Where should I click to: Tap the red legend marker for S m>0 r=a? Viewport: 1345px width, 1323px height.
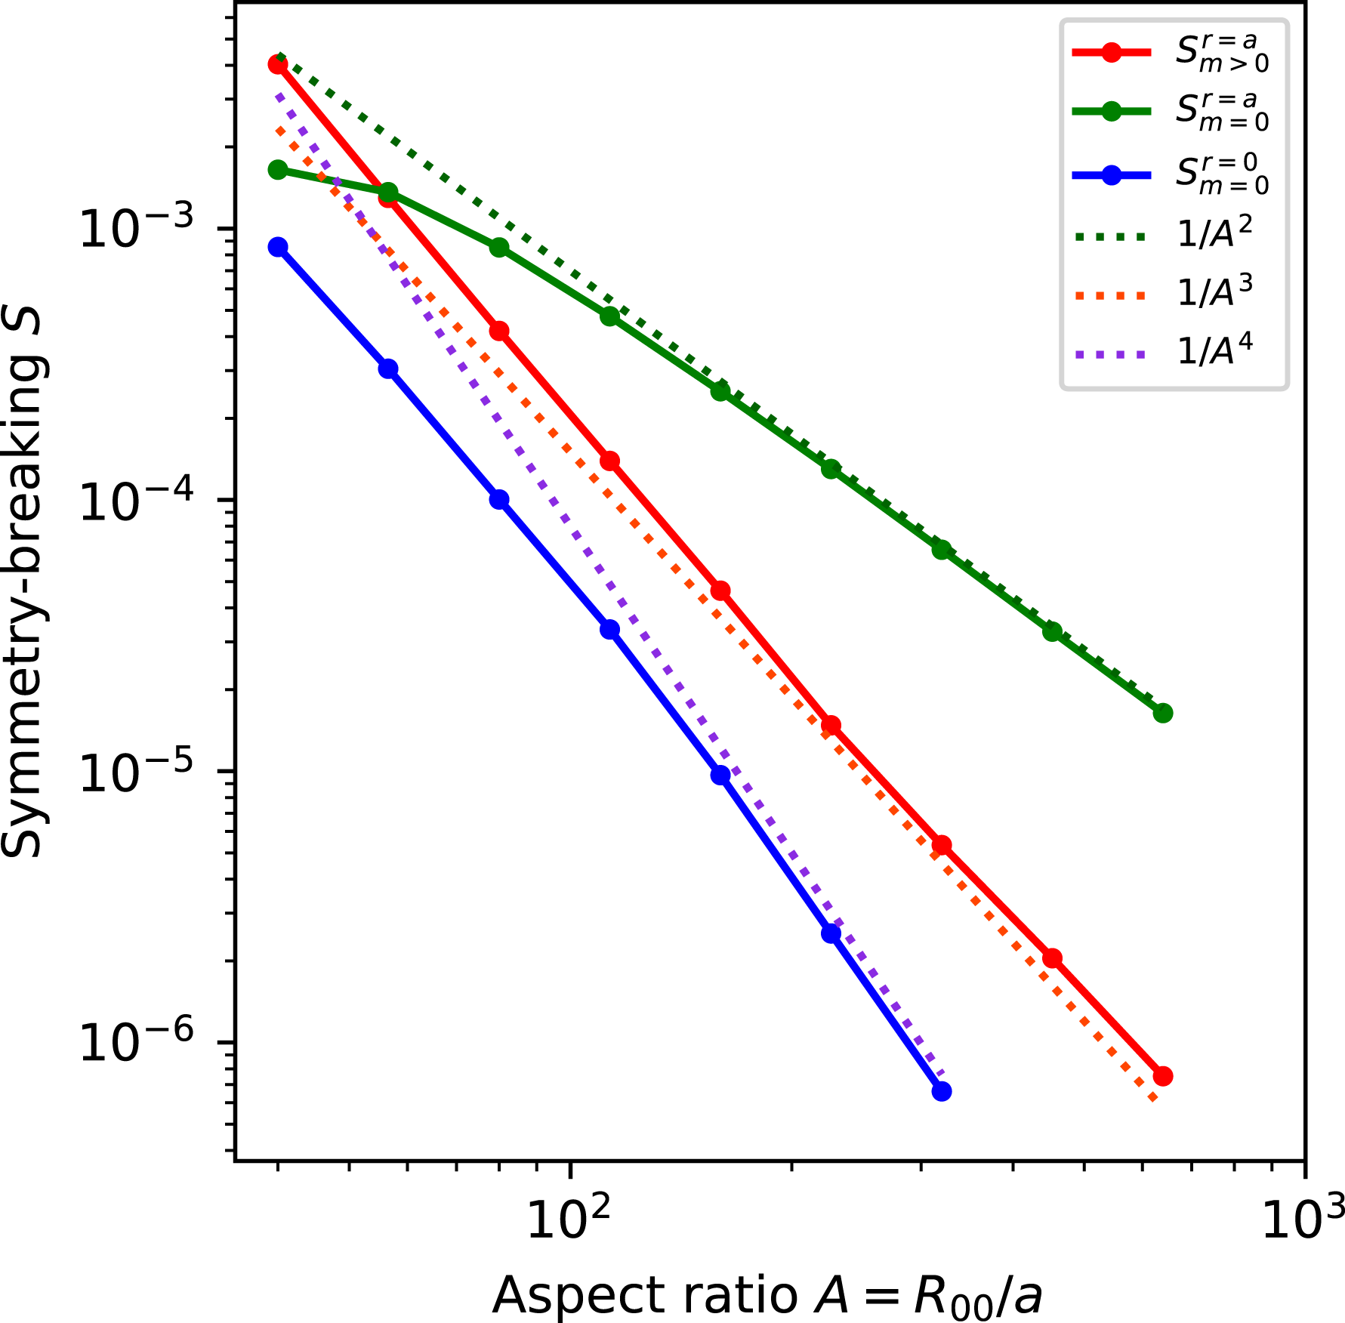pos(1111,53)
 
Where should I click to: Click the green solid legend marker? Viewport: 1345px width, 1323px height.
pos(1111,111)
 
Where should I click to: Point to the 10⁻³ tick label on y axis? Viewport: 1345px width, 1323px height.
pos(136,228)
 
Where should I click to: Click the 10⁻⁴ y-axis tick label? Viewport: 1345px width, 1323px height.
pos(136,500)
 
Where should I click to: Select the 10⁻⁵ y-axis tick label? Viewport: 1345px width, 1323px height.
pos(136,772)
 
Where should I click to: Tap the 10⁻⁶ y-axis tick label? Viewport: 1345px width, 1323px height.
pos(136,1043)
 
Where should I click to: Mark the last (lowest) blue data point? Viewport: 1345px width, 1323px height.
pos(941,1091)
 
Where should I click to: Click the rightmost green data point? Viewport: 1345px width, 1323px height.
pos(1162,713)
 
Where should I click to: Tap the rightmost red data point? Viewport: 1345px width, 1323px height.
pos(1162,1076)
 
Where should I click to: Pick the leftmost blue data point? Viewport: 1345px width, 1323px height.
pos(278,247)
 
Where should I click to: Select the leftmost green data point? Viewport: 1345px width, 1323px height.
pos(278,170)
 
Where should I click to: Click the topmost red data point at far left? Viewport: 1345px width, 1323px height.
pos(278,64)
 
